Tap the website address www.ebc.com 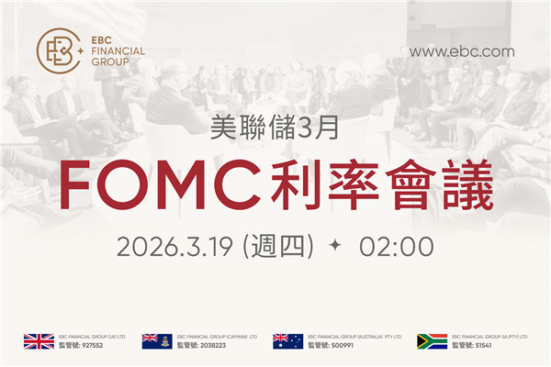tap(461, 51)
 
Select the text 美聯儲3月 tap(275, 128)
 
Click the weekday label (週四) tap(282, 246)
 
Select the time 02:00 tap(397, 246)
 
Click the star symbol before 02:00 tap(335, 246)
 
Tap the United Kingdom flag tap(39, 341)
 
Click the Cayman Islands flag tap(156, 341)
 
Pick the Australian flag tap(287, 341)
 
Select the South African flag tap(432, 341)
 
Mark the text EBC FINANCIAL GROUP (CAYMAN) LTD tap(218, 337)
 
